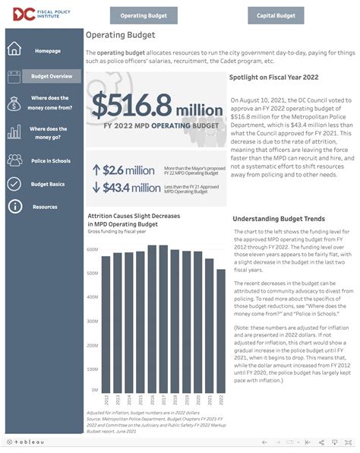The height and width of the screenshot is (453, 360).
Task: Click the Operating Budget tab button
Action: (144, 15)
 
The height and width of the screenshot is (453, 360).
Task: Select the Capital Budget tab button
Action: (276, 15)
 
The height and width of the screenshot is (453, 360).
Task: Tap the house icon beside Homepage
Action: (14, 50)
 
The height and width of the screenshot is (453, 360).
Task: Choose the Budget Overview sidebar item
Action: (52, 76)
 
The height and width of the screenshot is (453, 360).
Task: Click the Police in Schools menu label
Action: (51, 161)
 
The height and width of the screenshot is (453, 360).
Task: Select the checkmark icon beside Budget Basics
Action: (14, 184)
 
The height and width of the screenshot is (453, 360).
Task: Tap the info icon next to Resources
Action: (14, 207)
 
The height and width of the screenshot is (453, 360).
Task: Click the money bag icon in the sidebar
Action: (14, 103)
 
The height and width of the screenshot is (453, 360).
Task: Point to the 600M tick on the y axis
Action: (92, 249)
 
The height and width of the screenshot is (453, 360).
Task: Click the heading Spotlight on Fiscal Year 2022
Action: (273, 77)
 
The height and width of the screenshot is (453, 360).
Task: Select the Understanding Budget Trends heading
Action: (279, 219)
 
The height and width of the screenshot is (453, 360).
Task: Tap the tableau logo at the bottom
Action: (27, 442)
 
